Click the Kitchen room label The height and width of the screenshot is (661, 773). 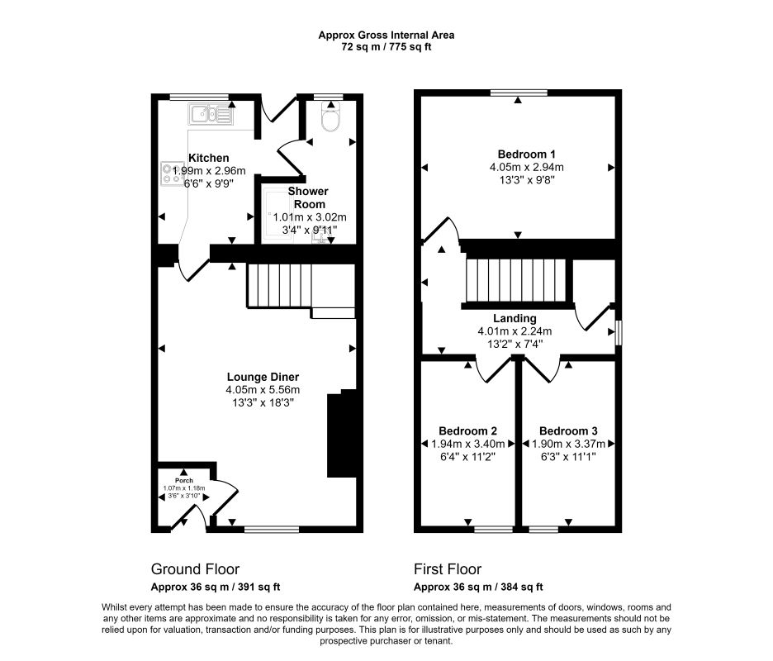coord(209,158)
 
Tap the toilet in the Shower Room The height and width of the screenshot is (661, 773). coord(330,117)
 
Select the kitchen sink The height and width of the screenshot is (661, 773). coord(211,115)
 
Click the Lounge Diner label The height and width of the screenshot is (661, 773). coord(263,377)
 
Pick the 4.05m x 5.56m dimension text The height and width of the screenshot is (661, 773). coord(263,390)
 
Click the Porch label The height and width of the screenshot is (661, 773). coord(184,480)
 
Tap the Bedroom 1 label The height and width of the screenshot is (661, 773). coord(527,154)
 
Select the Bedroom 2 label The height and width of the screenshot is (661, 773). coord(467,430)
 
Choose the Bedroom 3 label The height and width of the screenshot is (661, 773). coord(568,430)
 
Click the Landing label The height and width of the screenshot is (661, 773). coord(515,318)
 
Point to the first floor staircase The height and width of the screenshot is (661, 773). coord(515,281)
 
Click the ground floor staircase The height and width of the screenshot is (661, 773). coord(279,286)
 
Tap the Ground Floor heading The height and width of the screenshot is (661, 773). coord(195,568)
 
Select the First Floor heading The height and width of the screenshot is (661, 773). coord(448,568)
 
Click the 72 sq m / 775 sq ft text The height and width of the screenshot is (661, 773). coord(386,47)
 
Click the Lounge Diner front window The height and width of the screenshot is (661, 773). coord(272,530)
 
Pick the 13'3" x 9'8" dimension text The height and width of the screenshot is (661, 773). coord(527,180)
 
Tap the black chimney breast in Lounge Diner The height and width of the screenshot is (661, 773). coord(342,433)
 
